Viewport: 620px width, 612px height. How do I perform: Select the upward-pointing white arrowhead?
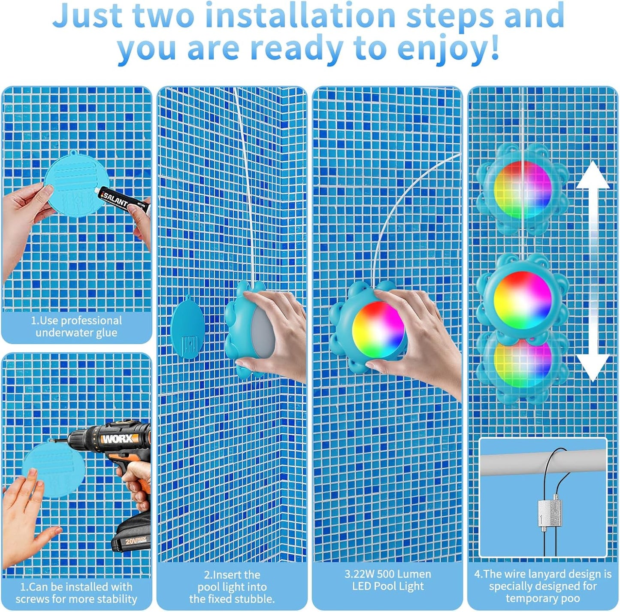(593, 175)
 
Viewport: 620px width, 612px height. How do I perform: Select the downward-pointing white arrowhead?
(593, 368)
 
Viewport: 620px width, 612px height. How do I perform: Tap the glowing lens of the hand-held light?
(378, 329)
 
